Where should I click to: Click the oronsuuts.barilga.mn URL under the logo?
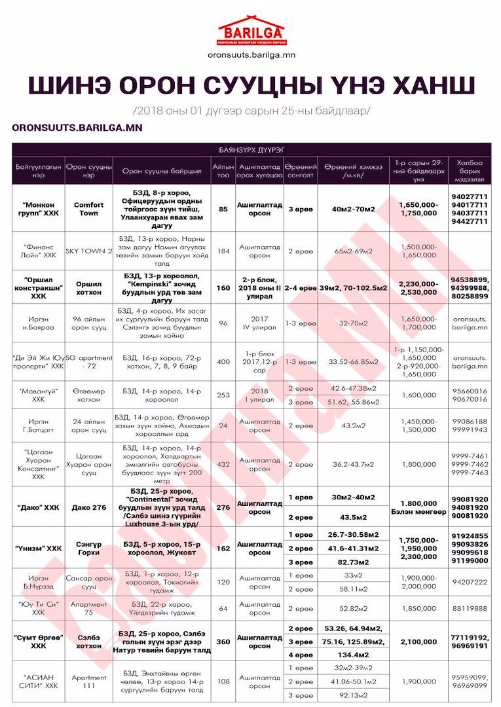pyautogui.click(x=250, y=55)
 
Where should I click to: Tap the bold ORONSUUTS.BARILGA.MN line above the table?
pyautogui.click(x=77, y=127)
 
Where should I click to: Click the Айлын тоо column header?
pyautogui.click(x=223, y=172)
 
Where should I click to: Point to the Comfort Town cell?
pyautogui.click(x=88, y=209)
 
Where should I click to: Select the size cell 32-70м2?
pyautogui.click(x=353, y=323)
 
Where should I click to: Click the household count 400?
pyautogui.click(x=223, y=361)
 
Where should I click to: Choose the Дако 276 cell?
pyautogui.click(x=88, y=507)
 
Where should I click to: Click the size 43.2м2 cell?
pyautogui.click(x=353, y=426)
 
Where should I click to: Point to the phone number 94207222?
pyautogui.click(x=470, y=582)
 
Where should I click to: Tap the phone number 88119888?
pyautogui.click(x=470, y=608)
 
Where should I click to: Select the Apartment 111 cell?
pyautogui.click(x=88, y=681)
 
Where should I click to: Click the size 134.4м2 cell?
pyautogui.click(x=353, y=654)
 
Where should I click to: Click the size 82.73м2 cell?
pyautogui.click(x=353, y=562)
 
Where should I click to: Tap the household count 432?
pyautogui.click(x=223, y=464)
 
